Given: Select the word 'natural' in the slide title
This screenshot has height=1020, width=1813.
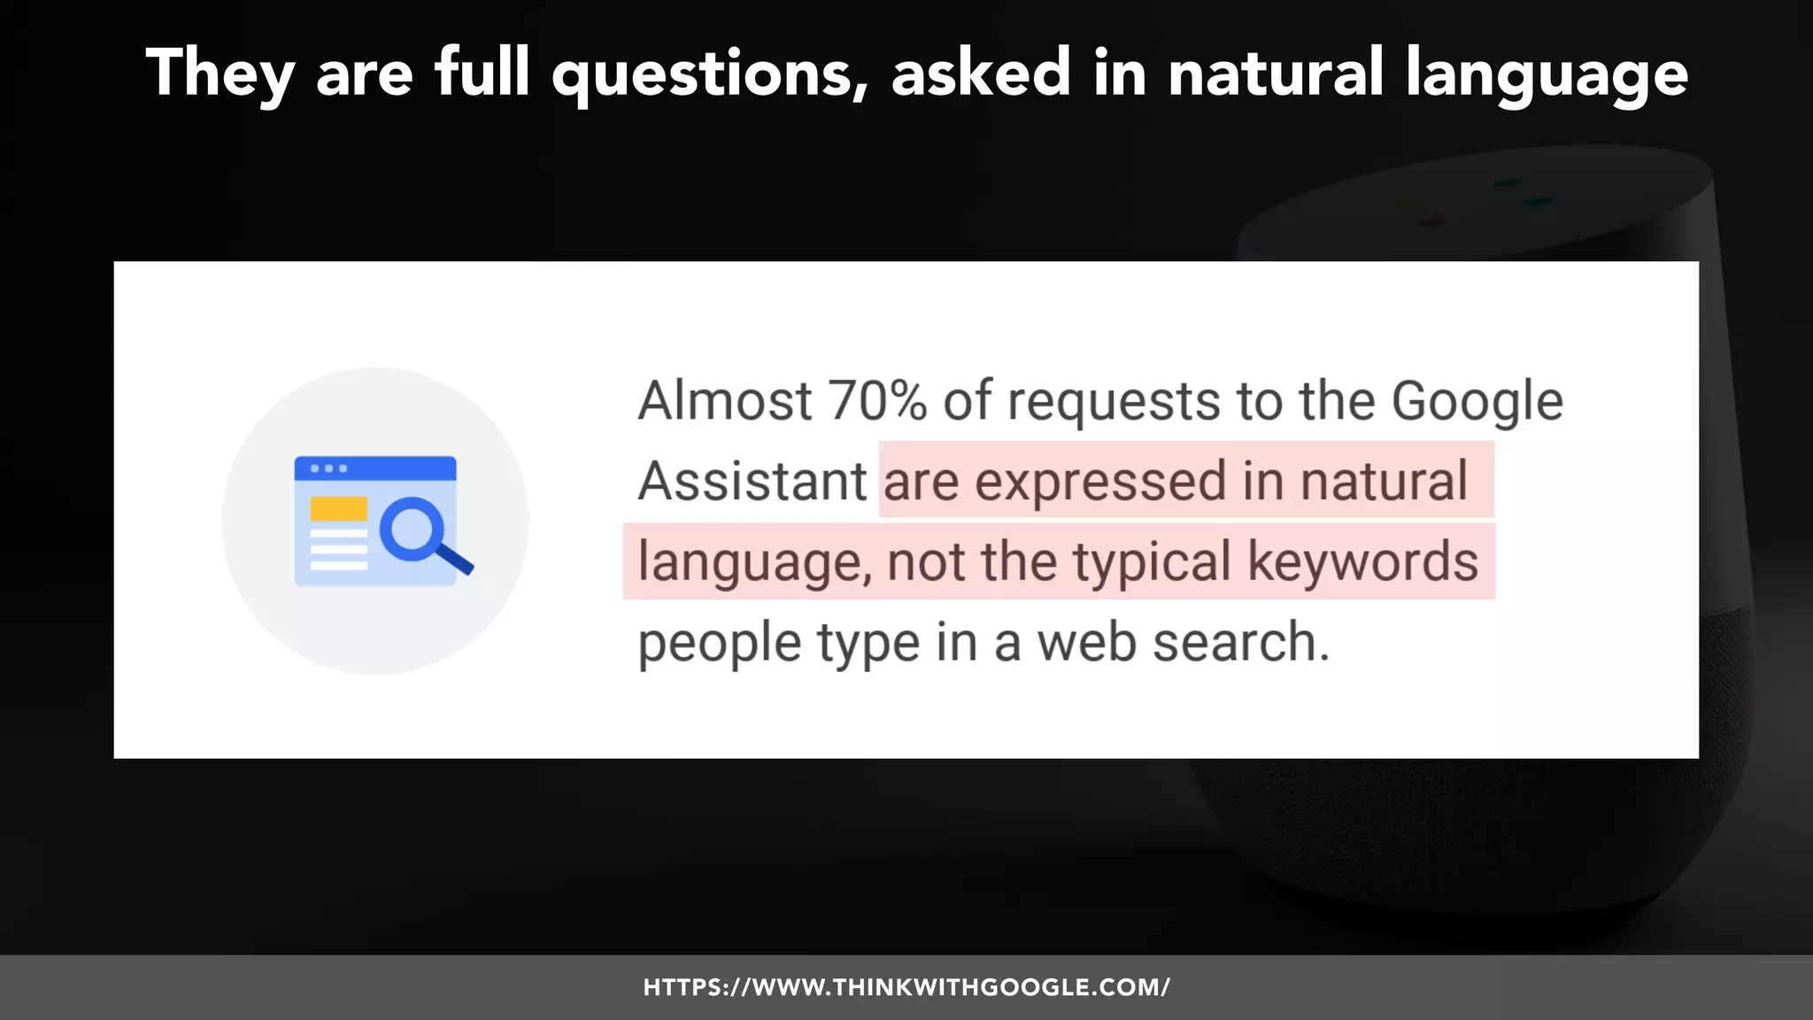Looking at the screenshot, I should pos(1276,73).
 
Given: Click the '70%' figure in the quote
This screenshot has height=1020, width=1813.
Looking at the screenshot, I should pos(877,401).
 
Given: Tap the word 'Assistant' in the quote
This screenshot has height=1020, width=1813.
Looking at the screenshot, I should pos(752,482).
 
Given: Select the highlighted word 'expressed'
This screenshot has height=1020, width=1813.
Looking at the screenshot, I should pos(1100,483).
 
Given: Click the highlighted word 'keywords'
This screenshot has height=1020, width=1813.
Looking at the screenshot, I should pos(1362,561).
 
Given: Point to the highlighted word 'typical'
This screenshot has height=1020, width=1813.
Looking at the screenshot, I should pos(1152,563).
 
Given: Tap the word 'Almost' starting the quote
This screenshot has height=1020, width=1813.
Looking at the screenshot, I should pos(724,401).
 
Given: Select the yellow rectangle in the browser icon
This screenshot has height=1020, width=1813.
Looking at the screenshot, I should pos(338,509).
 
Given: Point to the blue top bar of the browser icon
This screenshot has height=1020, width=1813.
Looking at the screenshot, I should pos(375,468).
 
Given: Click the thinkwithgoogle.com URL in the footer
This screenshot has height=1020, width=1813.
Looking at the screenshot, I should pos(906,987).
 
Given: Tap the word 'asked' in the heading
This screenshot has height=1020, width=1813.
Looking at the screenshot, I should pos(981,73).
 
